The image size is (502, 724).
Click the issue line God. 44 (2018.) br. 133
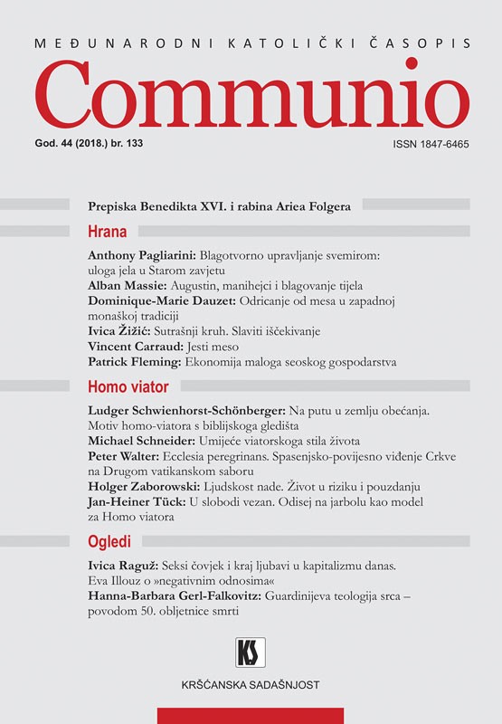tap(131, 145)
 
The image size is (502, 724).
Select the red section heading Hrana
tap(107, 231)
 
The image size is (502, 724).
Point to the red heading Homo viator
tap(128, 387)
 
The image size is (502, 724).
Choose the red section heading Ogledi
tap(110, 542)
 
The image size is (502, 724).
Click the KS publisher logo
tap(250, 652)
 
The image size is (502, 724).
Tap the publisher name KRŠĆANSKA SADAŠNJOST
tap(251, 685)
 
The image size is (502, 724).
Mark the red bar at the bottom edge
tap(251, 716)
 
